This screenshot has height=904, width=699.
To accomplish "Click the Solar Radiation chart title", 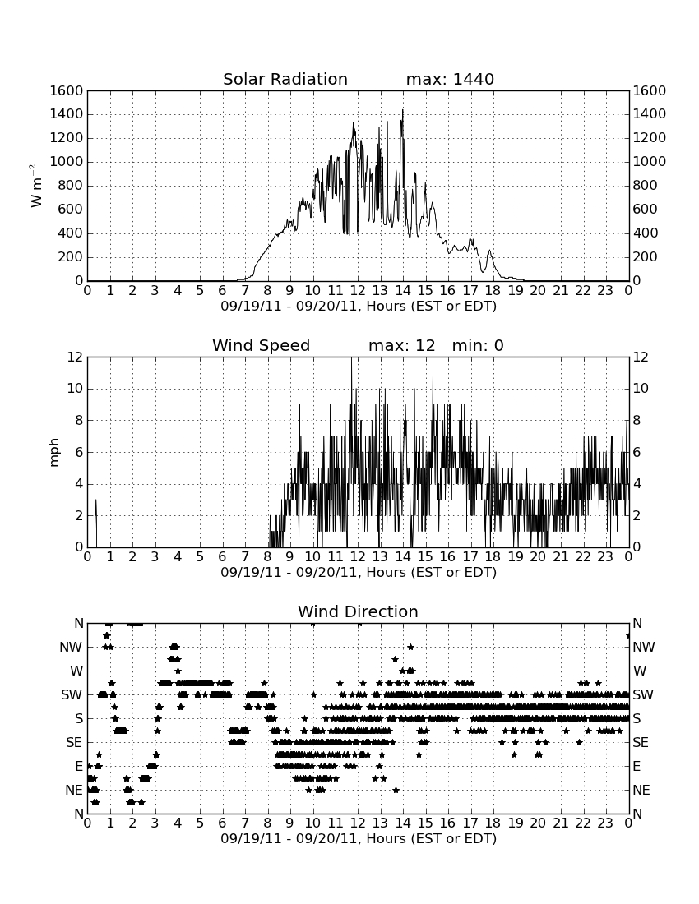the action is coord(285,79).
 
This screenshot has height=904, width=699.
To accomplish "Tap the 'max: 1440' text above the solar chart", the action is coord(450,79).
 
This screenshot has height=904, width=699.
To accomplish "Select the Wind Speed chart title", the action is coord(262,345).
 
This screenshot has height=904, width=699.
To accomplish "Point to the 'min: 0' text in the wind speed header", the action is coord(478,345).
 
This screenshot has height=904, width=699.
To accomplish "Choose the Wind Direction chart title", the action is coord(358,611).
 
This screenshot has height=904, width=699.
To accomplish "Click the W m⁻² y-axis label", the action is coord(35,186).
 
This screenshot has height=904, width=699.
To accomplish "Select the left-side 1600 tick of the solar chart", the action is coord(67,90).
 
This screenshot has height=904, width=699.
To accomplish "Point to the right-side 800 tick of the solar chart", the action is coord(645,186).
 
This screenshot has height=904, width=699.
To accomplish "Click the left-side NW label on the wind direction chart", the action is coord(71,648).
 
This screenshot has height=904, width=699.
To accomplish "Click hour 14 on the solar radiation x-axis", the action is coord(403,290).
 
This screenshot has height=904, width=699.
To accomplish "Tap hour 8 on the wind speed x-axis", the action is coord(267,556).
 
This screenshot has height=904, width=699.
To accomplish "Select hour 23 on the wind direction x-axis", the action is coord(605,823).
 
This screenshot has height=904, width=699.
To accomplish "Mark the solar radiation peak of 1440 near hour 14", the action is coord(403,109).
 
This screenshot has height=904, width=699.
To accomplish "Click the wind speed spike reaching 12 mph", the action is coord(351,358).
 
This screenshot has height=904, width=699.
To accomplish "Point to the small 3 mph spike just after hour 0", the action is coord(95,500).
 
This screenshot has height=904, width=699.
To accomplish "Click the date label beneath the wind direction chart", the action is coord(359,838).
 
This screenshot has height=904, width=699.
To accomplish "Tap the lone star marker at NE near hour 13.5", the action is coord(396,790).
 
